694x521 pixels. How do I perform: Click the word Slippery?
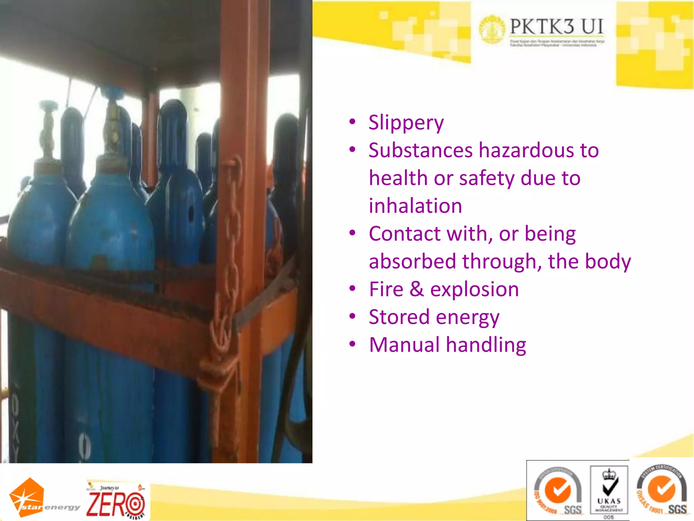pyautogui.click(x=406, y=123)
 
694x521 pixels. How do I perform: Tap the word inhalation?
pyautogui.click(x=415, y=206)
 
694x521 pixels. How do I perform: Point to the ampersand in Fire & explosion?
pyautogui.click(x=416, y=289)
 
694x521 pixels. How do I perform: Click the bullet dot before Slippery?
pyautogui.click(x=352, y=121)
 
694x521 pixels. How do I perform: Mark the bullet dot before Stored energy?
pyautogui.click(x=352, y=316)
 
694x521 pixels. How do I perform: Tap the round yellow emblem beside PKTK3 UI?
pyautogui.click(x=492, y=30)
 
